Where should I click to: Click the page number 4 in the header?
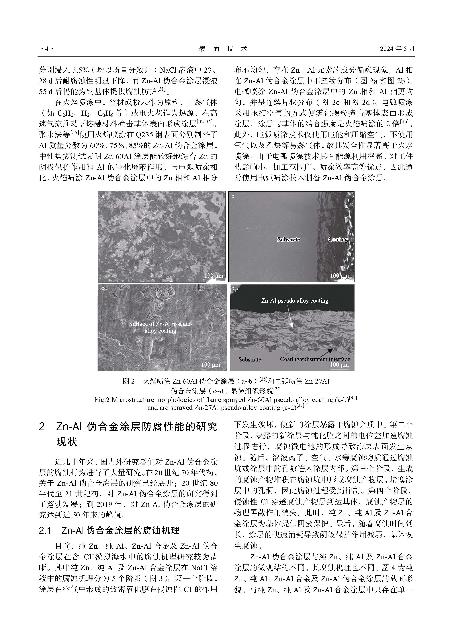(x=46, y=49)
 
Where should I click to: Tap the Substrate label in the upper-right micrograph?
(x=289, y=239)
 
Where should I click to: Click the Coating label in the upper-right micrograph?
(x=338, y=239)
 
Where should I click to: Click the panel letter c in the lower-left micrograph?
(x=103, y=289)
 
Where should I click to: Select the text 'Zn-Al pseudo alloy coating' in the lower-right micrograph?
(x=294, y=301)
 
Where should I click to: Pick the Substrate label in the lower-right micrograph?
(x=250, y=360)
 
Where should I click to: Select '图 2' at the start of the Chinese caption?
(x=129, y=381)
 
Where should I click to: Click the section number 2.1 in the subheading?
(x=45, y=530)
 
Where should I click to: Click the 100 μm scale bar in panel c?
(x=211, y=365)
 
